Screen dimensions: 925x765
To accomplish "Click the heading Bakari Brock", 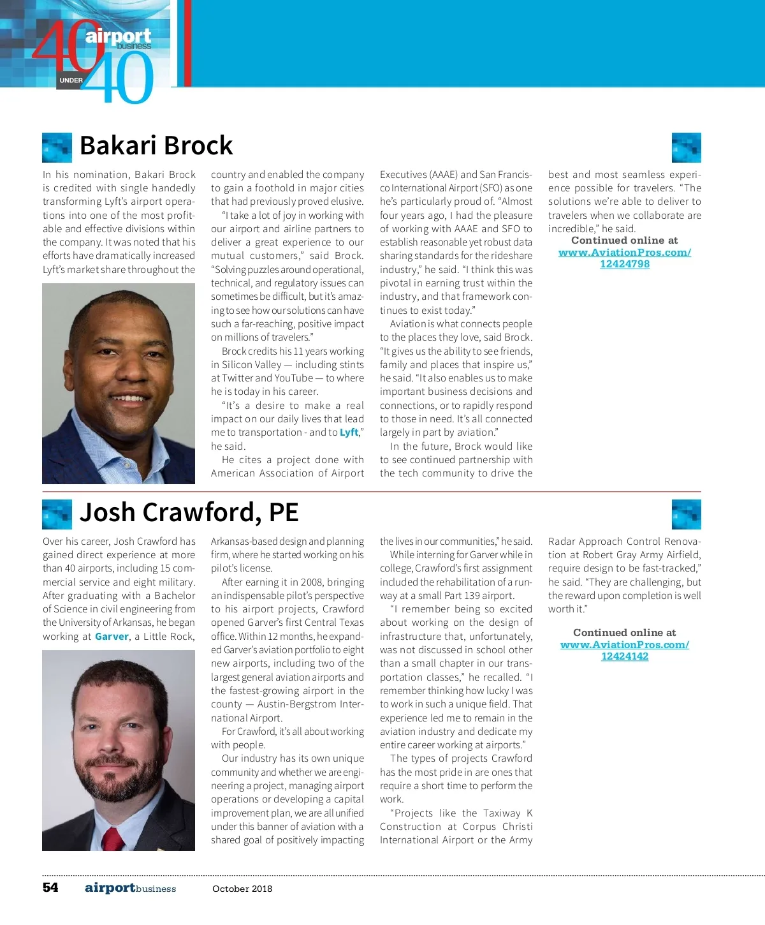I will click(x=156, y=146).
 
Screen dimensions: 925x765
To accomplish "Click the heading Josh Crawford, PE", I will click(x=189, y=513).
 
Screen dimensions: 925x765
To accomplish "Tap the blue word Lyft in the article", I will click(x=349, y=433).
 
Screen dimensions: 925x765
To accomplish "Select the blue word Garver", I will click(x=112, y=636).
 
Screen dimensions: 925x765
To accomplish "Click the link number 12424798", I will click(x=625, y=264).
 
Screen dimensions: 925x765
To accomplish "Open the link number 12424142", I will click(x=625, y=656).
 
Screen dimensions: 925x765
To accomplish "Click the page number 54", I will click(x=50, y=887).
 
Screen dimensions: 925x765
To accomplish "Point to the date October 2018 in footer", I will click(x=242, y=889).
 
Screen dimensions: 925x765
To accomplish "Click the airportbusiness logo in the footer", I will click(x=130, y=888).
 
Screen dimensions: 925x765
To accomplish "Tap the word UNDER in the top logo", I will click(x=71, y=80).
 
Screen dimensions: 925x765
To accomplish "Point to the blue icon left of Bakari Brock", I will click(x=57, y=147).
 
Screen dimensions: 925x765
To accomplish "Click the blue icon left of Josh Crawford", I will click(x=57, y=514).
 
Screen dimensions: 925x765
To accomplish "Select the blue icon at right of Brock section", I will click(x=686, y=147).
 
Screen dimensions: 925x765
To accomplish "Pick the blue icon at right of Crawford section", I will click(x=686, y=514).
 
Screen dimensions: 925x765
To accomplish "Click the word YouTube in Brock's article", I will click(x=294, y=378).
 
